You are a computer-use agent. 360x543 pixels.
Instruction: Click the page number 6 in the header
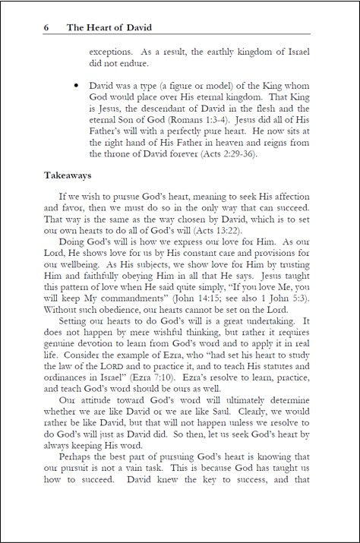[47, 28]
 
